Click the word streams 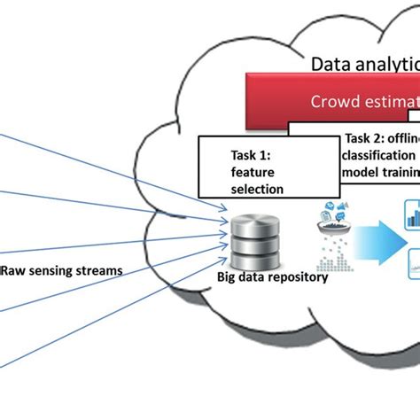point(98,270)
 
